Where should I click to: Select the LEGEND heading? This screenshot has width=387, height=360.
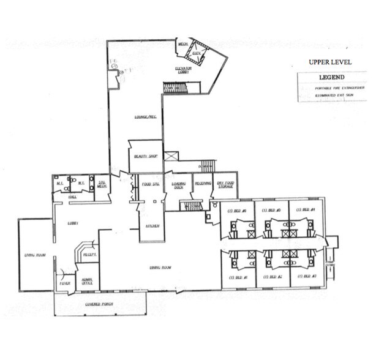pyautogui.click(x=331, y=78)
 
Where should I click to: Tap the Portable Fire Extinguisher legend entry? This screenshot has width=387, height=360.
pyautogui.click(x=331, y=88)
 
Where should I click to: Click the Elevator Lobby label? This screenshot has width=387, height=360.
pyautogui.click(x=184, y=70)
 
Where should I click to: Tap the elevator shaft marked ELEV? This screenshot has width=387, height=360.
pyautogui.click(x=197, y=53)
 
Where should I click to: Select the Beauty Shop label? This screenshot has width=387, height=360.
pyautogui.click(x=146, y=157)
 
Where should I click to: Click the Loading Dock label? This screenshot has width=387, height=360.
pyautogui.click(x=179, y=185)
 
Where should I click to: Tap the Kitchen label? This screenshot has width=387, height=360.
pyautogui.click(x=152, y=226)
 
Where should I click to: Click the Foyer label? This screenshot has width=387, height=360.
pyautogui.click(x=64, y=283)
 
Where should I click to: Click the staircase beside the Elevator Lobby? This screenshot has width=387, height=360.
pyautogui.click(x=174, y=89)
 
